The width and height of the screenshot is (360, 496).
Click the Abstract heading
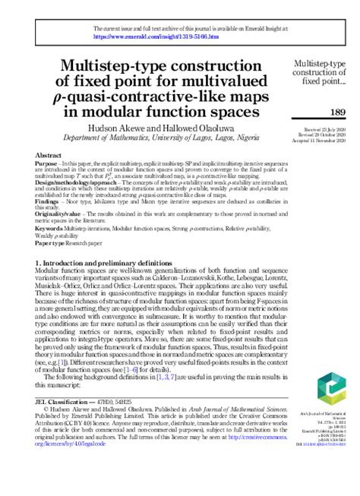click(49, 155)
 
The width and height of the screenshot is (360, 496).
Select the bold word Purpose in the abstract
click(47, 163)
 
